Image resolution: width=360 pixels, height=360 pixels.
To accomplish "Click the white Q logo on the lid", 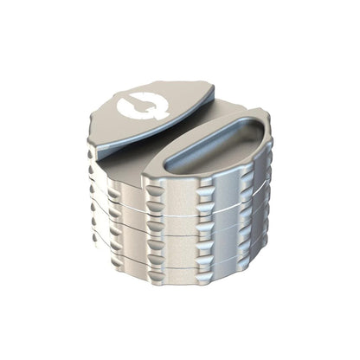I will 132,109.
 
